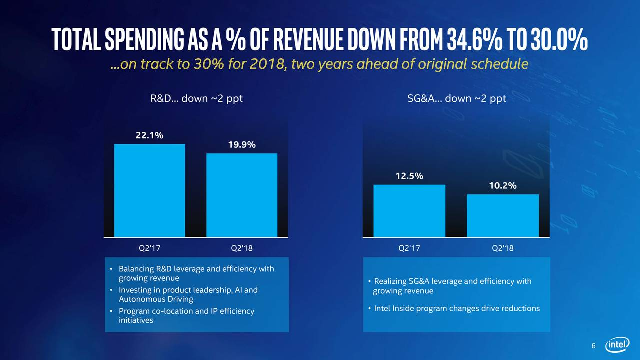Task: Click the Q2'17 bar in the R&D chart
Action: tap(150, 190)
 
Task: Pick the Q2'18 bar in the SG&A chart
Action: tap(502, 215)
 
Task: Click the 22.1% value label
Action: tap(150, 135)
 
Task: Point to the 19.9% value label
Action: tap(242, 145)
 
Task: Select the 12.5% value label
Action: tap(409, 176)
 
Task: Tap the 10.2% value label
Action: tap(502, 185)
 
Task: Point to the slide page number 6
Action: tap(593, 346)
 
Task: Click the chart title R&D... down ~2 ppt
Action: tap(196, 98)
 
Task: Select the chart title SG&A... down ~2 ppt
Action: tap(457, 98)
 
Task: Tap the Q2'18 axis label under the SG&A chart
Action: tap(502, 248)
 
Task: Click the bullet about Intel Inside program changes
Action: tap(457, 308)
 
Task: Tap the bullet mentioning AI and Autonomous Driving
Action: tap(188, 294)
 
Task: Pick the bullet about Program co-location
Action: tap(186, 316)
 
